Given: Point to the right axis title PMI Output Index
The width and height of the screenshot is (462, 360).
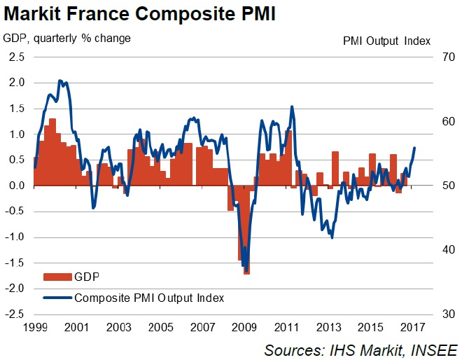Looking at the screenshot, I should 386,40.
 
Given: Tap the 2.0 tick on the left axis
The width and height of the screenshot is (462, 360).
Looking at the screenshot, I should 17,83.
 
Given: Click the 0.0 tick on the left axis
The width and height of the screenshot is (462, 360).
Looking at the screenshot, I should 17,186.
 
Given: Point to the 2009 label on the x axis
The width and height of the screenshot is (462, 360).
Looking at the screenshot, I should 244,327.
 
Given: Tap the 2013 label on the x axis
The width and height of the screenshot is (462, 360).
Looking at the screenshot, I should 328,327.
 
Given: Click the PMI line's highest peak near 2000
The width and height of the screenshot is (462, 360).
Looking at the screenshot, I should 59,81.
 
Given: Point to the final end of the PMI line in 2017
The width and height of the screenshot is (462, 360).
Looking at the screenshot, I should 415,148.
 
